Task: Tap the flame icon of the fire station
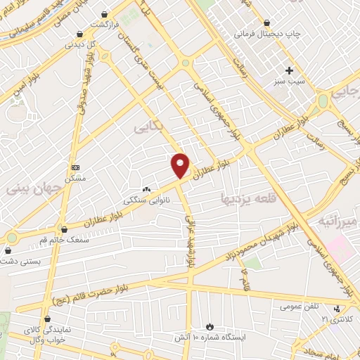pyautogui.click(x=209, y=326)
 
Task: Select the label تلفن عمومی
pyautogui.click(x=299, y=307)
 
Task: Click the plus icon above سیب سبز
pyautogui.click(x=289, y=70)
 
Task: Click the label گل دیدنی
pyautogui.click(x=79, y=44)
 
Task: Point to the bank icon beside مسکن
pyautogui.click(x=76, y=167)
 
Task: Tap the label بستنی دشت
pyautogui.click(x=19, y=260)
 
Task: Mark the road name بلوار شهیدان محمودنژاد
pyautogui.click(x=268, y=247)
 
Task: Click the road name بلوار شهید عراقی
pyautogui.click(x=191, y=239)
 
